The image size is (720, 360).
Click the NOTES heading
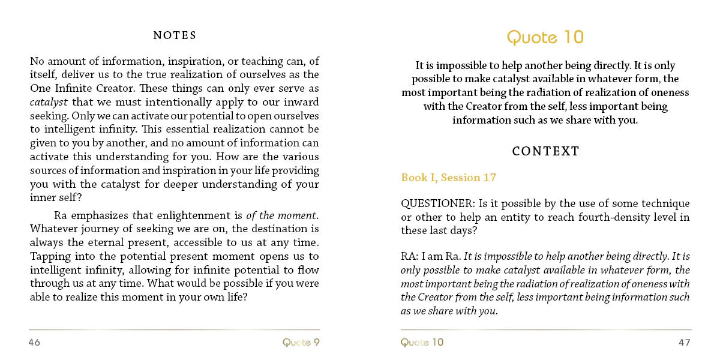point(175,35)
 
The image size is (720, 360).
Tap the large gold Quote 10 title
point(545,37)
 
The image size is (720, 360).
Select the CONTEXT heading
point(545,151)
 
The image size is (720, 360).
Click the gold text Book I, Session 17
point(449,178)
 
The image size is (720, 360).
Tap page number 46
point(34,343)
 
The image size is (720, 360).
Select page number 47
point(685,343)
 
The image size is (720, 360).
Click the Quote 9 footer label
point(301,343)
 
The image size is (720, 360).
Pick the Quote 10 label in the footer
point(422,343)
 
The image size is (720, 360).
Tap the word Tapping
point(49,256)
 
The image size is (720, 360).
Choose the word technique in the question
point(629,204)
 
